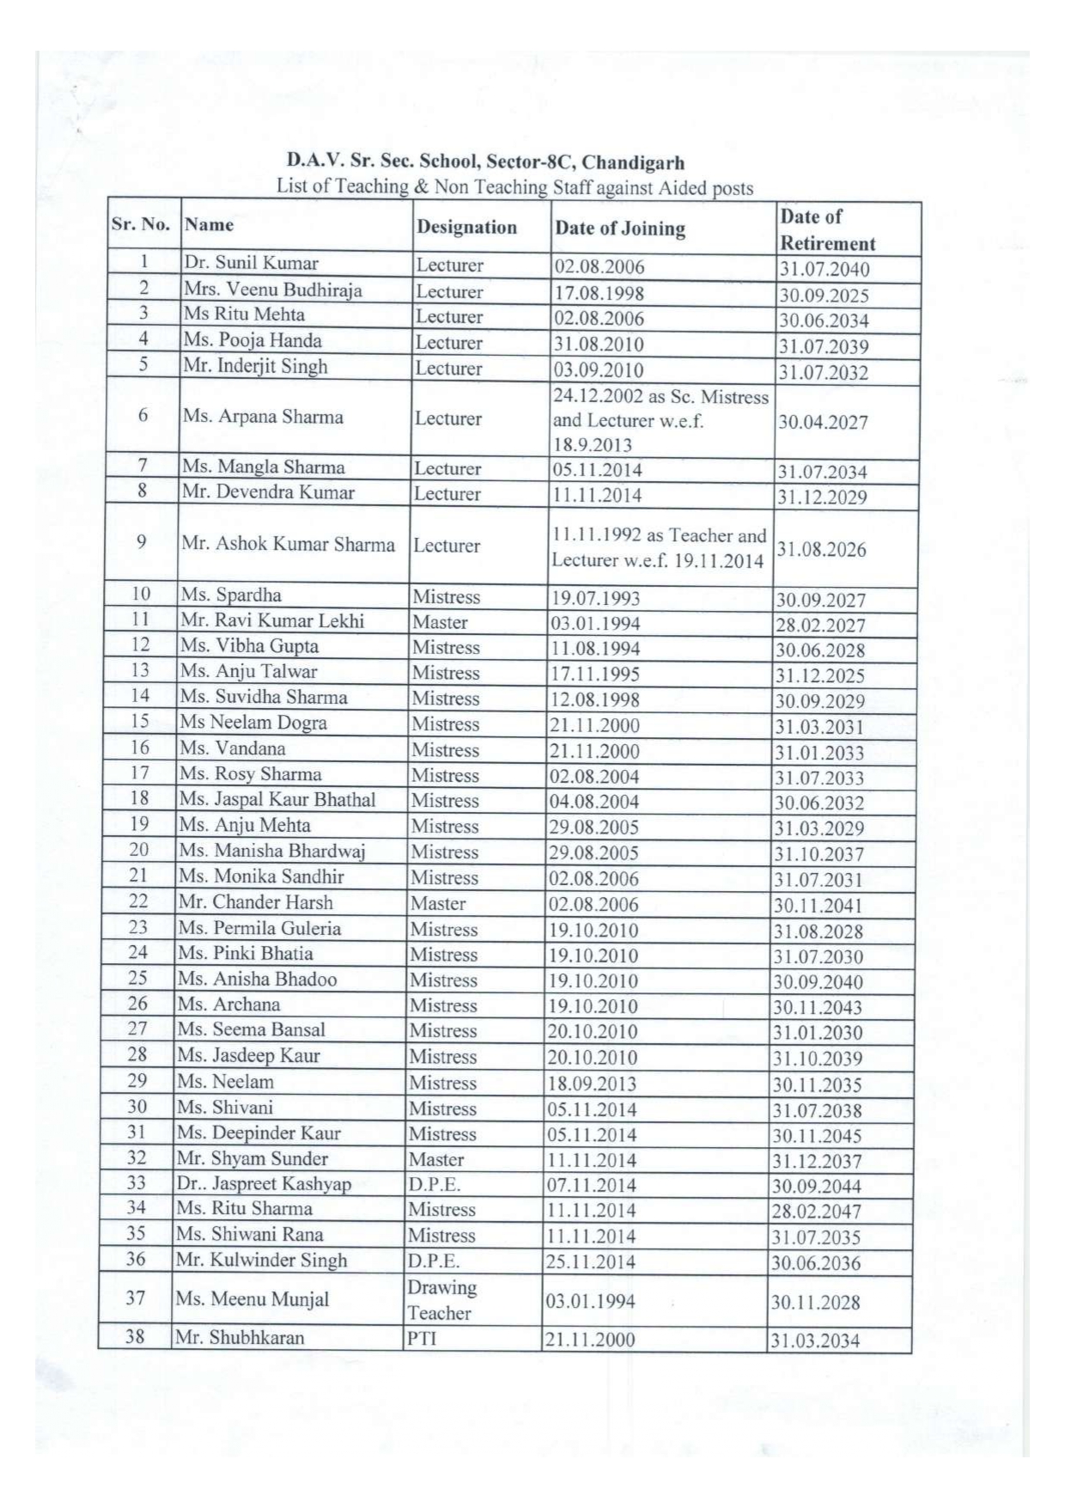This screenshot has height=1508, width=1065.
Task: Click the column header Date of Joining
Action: tap(620, 229)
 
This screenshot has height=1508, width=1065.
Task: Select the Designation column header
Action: tap(466, 227)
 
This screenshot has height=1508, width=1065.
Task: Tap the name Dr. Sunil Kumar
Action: tap(251, 263)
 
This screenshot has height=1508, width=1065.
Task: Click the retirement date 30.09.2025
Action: tap(824, 296)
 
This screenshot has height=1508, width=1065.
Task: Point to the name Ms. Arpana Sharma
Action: tap(262, 417)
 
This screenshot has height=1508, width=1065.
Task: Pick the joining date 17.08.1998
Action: tap(599, 292)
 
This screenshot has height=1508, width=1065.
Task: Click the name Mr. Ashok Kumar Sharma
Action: tap(288, 544)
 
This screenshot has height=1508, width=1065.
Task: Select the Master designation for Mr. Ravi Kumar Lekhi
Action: tap(440, 622)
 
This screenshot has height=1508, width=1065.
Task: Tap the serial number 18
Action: tap(139, 798)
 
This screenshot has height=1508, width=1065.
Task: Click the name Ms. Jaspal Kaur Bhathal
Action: tap(277, 799)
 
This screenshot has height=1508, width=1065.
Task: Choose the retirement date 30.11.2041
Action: tap(817, 906)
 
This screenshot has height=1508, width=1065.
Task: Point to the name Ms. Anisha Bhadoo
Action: tap(257, 979)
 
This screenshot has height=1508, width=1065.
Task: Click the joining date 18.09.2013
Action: tap(592, 1084)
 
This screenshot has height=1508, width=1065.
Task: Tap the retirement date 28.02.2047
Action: tap(816, 1212)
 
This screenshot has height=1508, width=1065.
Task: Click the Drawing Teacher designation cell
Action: tap(441, 1300)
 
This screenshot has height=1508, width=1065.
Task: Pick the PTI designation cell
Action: tap(423, 1338)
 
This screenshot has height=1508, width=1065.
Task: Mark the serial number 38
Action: tap(135, 1336)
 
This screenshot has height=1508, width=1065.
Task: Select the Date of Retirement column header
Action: tap(827, 229)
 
